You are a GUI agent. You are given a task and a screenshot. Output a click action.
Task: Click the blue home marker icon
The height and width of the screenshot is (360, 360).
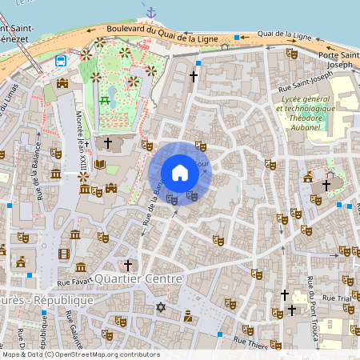pos(180,173)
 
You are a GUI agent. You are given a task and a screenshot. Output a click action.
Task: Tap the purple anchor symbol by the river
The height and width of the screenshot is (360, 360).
pos(150,13)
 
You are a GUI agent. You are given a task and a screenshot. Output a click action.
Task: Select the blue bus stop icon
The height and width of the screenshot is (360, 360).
pos(61,61)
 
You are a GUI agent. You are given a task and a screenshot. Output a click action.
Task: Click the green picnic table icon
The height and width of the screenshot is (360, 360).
pos(105,100)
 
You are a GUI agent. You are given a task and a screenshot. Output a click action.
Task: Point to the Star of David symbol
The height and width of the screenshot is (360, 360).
pos(160,307)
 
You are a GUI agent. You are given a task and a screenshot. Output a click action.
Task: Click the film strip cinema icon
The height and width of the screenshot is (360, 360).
pos(64,254)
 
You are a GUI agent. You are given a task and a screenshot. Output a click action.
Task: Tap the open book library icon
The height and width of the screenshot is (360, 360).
pos(100,164)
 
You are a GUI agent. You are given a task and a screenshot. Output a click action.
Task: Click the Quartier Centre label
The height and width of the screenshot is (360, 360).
pos(139,279)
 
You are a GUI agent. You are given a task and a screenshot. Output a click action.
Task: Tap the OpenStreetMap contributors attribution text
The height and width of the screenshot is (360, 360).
pos(80,354)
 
